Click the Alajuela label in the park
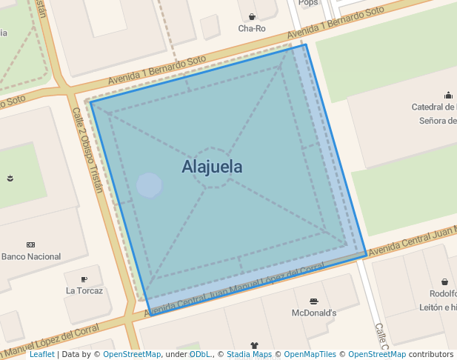212,167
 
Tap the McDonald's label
314,313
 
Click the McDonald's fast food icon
314,301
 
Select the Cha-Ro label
252,29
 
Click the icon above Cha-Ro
252,16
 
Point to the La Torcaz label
84,290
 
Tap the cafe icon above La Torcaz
84,279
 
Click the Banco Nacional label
31,256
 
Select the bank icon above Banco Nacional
30,244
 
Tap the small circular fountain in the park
150,185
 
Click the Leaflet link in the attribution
41,355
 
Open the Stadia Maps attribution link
249,355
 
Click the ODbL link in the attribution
199,355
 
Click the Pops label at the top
308,3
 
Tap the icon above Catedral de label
448,95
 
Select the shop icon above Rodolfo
444,281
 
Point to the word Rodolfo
443,294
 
